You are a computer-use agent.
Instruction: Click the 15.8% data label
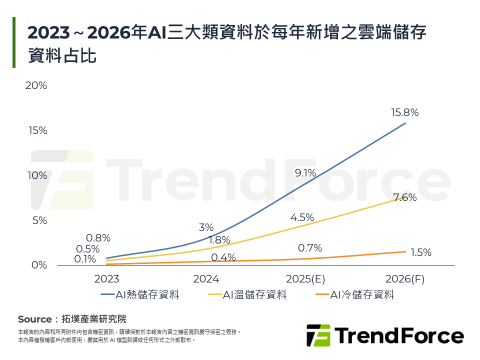pos(404,112)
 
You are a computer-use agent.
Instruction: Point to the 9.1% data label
pos(305,173)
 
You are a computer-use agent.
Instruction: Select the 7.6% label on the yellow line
pos(405,197)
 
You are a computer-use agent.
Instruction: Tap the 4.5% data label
pos(302,217)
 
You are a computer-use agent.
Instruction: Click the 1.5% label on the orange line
pos(420,252)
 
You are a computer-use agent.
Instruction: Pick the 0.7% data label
pos(309,248)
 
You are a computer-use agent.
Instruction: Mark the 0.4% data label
pos(223,257)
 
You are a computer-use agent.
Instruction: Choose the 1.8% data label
pos(219,240)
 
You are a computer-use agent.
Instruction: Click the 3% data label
pos(206,227)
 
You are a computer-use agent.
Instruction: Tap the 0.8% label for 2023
pos(98,238)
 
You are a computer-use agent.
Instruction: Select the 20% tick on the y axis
pos(36,85)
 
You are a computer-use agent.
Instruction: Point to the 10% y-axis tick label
pos(36,175)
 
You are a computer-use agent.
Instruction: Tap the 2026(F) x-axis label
pos(405,279)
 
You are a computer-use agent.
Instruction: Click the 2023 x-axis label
pos(106,279)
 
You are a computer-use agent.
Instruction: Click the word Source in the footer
pos(34,319)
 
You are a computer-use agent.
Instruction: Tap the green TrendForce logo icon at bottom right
pos(318,335)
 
